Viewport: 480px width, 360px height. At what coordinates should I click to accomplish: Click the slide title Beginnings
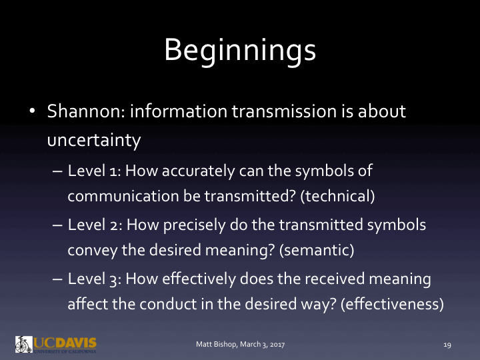(240, 50)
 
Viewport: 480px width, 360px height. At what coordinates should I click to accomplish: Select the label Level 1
(94, 171)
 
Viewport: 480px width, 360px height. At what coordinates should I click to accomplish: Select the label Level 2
(95, 225)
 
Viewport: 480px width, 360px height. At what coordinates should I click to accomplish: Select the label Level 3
(95, 278)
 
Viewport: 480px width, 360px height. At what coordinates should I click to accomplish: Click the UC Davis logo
(56, 344)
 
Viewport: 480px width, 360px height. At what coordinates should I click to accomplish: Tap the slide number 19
(447, 345)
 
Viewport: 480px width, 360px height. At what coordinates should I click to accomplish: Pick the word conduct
(151, 304)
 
